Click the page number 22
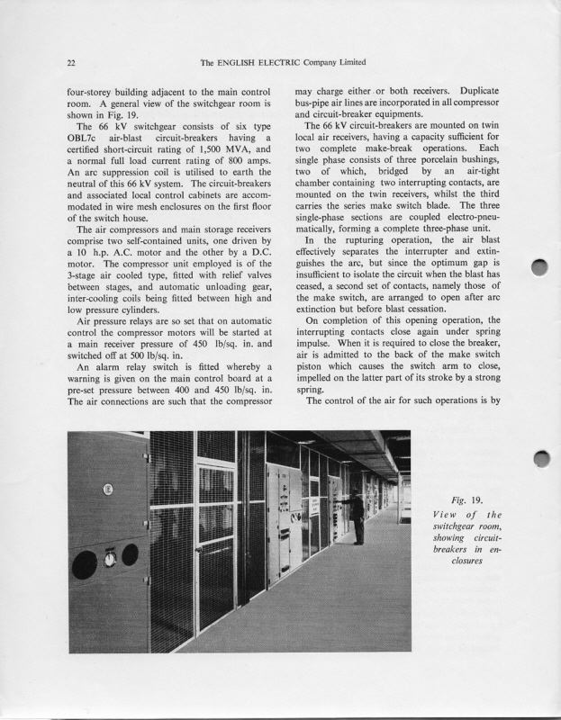point(71,62)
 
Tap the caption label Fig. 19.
point(469,500)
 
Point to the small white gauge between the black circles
point(110,559)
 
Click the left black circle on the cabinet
point(86,564)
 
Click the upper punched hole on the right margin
point(540,268)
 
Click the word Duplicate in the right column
point(485,91)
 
